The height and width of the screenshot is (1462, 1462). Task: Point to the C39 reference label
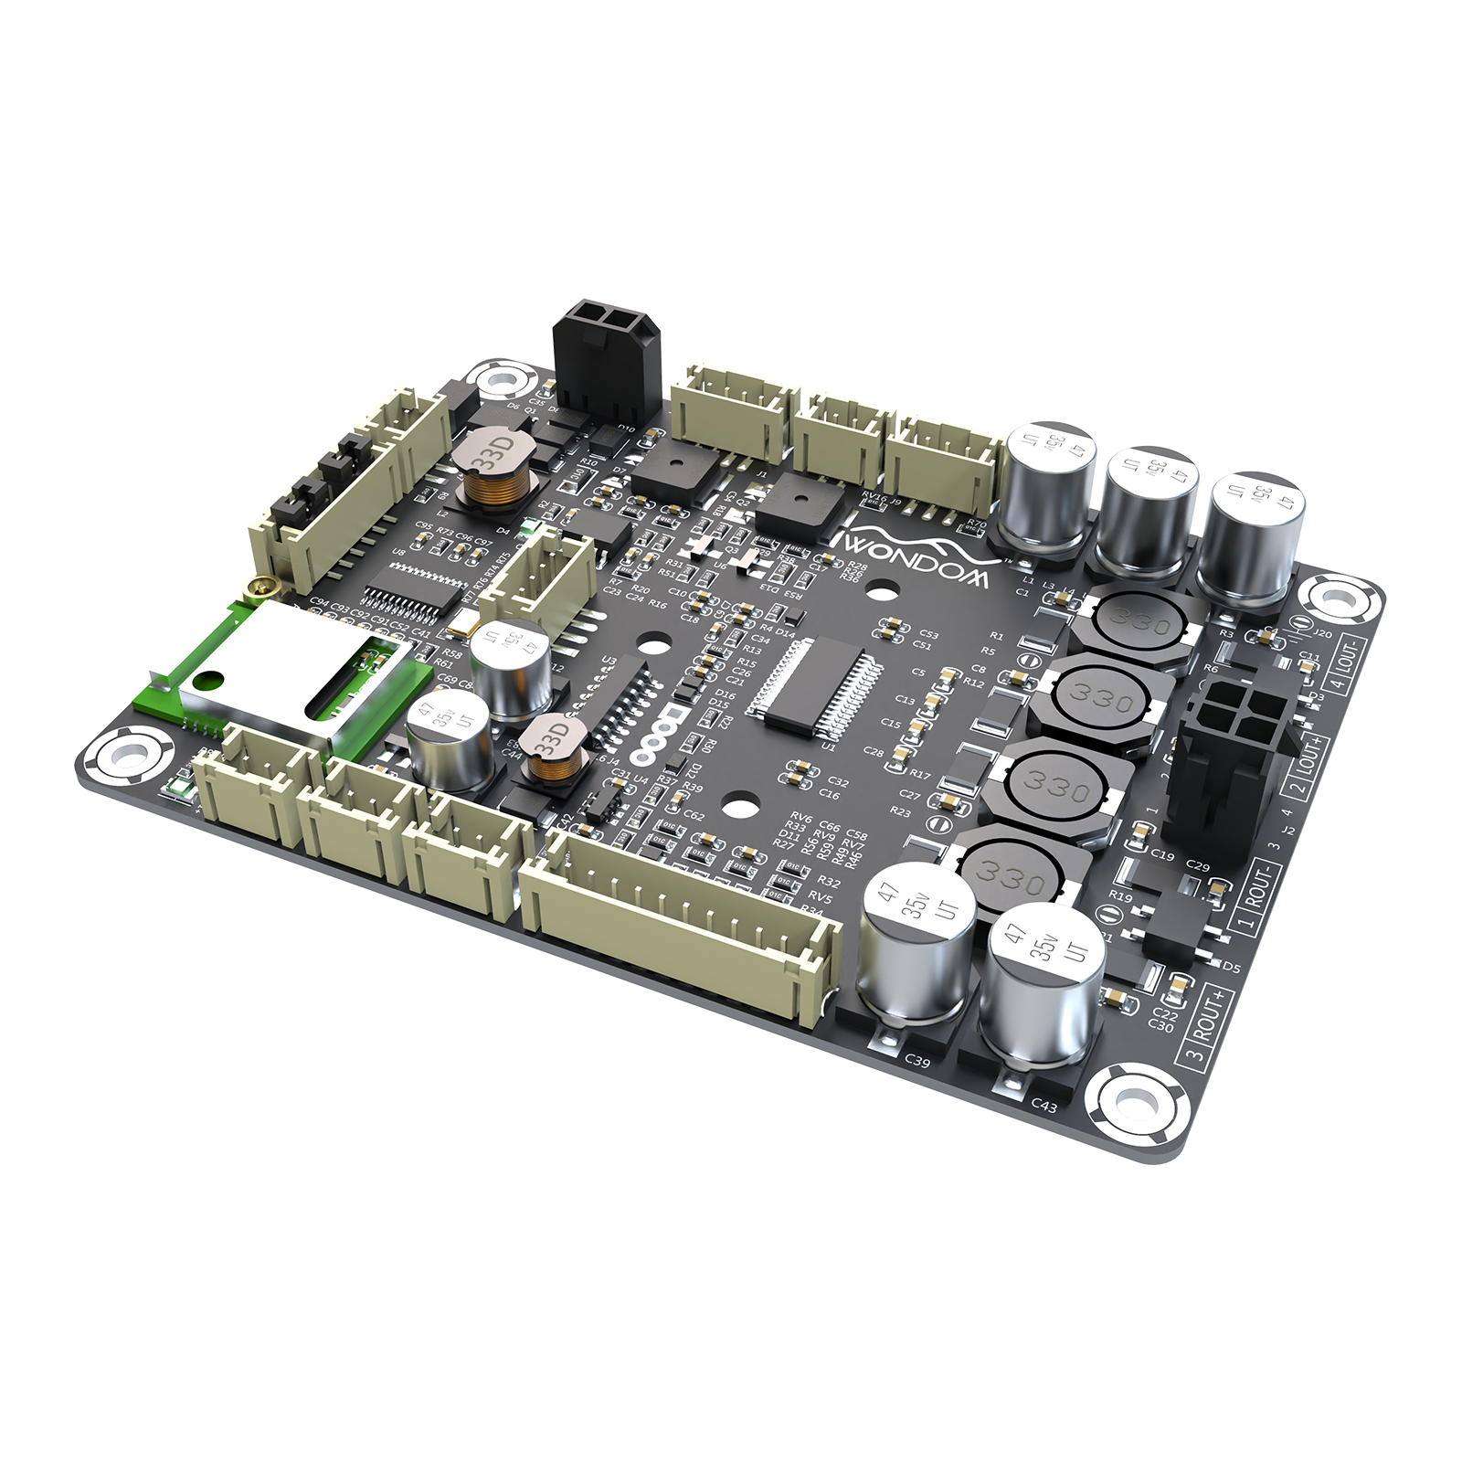pyautogui.click(x=917, y=1061)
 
